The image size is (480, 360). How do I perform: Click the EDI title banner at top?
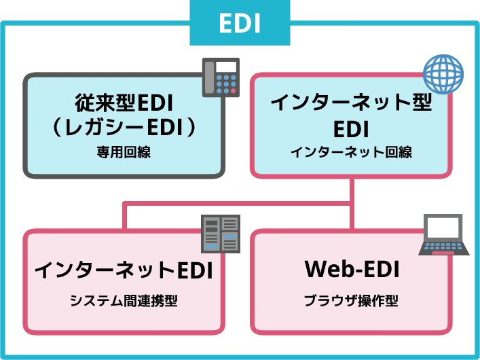tap(240, 22)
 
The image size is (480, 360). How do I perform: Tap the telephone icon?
tap(222, 77)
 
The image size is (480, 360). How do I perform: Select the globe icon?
tap(443, 73)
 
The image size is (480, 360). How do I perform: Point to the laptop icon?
tap(444, 235)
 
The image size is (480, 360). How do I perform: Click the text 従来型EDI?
tap(124, 104)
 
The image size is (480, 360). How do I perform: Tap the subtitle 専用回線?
tap(124, 153)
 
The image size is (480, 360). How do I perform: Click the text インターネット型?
tap(351, 104)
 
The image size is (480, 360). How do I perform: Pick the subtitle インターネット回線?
tap(351, 153)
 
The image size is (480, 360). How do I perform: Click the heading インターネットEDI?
tap(124, 270)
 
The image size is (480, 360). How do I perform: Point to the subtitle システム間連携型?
tap(124, 301)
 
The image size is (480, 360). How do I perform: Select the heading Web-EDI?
tap(351, 270)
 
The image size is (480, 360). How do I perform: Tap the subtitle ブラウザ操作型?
tap(351, 301)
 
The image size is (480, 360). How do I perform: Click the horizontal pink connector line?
tap(238, 203)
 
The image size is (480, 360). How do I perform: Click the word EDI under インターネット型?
tap(351, 128)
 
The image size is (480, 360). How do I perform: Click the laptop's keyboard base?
tap(444, 249)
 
